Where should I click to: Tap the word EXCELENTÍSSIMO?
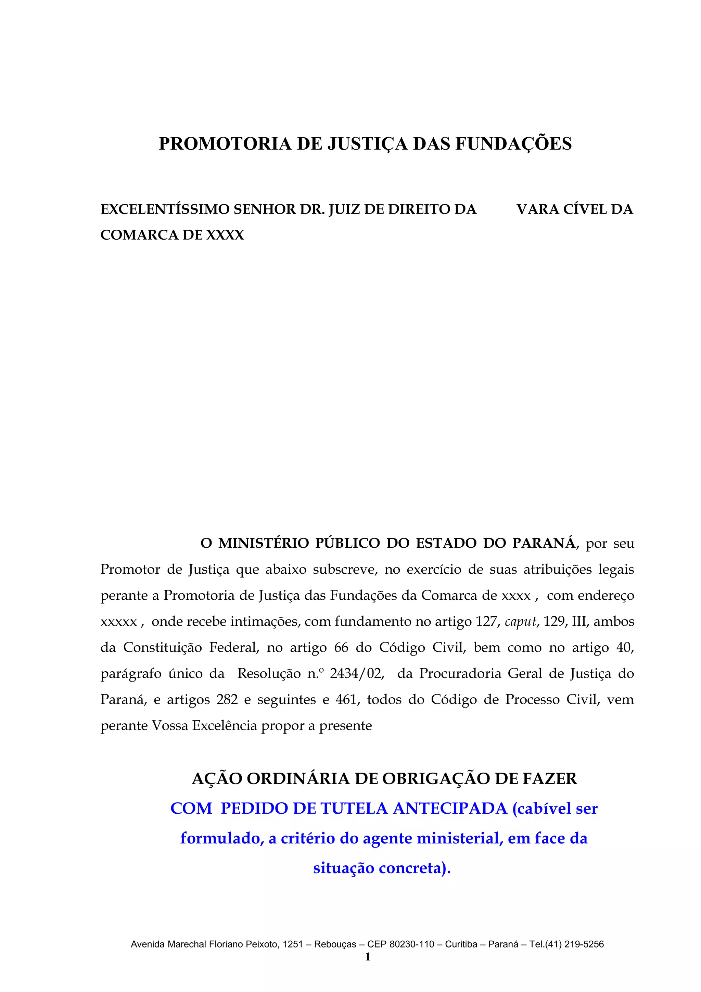tap(165, 209)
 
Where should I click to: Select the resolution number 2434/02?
tap(357, 674)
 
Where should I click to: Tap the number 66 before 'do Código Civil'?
tap(341, 648)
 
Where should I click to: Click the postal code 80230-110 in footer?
tap(412, 944)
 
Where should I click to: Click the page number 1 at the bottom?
tap(368, 957)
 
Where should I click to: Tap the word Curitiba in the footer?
tap(461, 944)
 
